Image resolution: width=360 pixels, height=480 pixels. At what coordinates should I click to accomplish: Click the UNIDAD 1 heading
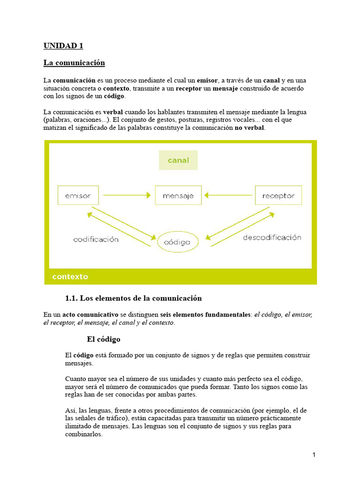point(63,45)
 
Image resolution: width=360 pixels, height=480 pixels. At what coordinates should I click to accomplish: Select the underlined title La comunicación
point(74,62)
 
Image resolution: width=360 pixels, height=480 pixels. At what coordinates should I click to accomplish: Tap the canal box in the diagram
point(178,160)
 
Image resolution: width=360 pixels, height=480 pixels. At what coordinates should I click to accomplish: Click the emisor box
point(78,195)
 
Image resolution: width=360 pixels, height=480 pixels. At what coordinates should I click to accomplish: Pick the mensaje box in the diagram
point(178,195)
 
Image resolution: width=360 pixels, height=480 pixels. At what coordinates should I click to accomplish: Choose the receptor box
point(278,195)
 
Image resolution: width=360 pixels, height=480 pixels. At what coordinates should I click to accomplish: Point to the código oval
point(178,242)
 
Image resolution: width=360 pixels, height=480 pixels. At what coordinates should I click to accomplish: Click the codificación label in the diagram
point(96,239)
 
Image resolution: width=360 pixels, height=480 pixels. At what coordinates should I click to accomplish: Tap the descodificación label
point(272,238)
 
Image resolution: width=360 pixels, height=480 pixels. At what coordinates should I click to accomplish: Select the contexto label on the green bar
point(70,277)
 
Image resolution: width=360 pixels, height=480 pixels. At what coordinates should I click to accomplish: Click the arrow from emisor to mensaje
point(127,195)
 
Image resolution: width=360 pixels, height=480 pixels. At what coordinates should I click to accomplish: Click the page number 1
point(314,455)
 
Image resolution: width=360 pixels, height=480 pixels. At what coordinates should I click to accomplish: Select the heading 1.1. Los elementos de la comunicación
point(133,298)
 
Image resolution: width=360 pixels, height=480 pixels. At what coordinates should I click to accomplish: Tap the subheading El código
point(104,339)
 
